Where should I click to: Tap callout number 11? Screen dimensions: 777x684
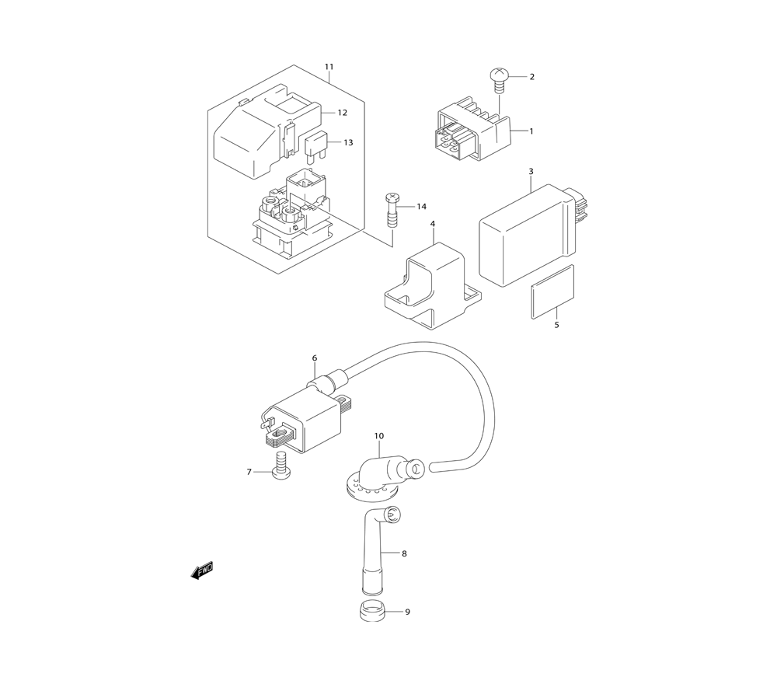(x=329, y=66)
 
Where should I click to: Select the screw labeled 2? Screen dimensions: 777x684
(x=497, y=81)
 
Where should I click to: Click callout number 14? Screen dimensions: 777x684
(x=421, y=206)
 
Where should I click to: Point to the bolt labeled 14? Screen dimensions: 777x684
(x=391, y=211)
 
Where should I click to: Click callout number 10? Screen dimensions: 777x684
(x=379, y=436)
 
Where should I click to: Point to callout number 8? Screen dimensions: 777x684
(x=404, y=553)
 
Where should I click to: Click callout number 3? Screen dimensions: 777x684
(x=531, y=172)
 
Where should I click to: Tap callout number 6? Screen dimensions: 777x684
(x=315, y=358)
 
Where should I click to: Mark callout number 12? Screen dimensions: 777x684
(x=343, y=113)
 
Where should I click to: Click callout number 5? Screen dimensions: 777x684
(x=556, y=325)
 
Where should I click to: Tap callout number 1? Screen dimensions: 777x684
(x=531, y=131)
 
